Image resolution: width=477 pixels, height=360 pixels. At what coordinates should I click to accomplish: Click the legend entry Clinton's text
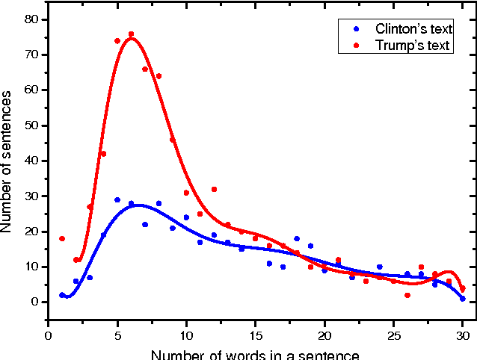413,29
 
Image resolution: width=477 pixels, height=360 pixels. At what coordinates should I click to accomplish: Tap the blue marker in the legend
357,29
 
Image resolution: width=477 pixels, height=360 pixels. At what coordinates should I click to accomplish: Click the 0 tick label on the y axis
34,302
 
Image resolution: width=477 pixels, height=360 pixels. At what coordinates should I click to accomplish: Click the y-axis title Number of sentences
8,160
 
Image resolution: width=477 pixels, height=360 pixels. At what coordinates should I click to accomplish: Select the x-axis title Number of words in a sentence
255,353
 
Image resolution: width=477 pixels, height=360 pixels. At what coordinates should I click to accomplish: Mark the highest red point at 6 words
131,34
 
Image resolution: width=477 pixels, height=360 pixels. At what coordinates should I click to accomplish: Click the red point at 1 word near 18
62,239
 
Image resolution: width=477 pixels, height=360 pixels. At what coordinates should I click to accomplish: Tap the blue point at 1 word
62,295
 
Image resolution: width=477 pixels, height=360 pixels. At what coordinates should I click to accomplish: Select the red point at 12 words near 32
214,190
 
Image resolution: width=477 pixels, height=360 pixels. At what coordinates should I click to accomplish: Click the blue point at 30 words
463,299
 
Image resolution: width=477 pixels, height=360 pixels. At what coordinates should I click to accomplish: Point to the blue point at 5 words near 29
117,200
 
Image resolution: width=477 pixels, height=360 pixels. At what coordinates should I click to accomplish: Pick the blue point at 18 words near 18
297,239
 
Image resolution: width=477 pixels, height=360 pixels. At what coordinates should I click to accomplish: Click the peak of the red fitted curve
132,38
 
